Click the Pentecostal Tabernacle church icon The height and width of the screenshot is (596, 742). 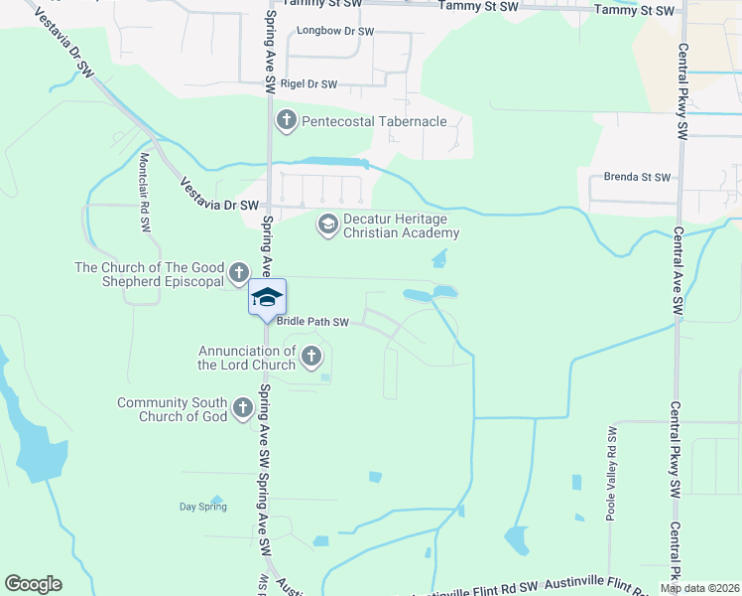(x=287, y=121)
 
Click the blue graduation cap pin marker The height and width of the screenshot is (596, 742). (x=267, y=298)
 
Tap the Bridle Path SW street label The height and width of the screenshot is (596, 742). (x=311, y=322)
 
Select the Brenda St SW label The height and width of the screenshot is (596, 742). (x=637, y=178)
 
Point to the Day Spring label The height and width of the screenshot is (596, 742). (x=202, y=507)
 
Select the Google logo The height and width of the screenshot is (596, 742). (x=33, y=584)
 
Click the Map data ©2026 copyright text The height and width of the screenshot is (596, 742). (x=699, y=588)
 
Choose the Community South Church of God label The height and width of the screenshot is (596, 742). (x=172, y=409)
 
